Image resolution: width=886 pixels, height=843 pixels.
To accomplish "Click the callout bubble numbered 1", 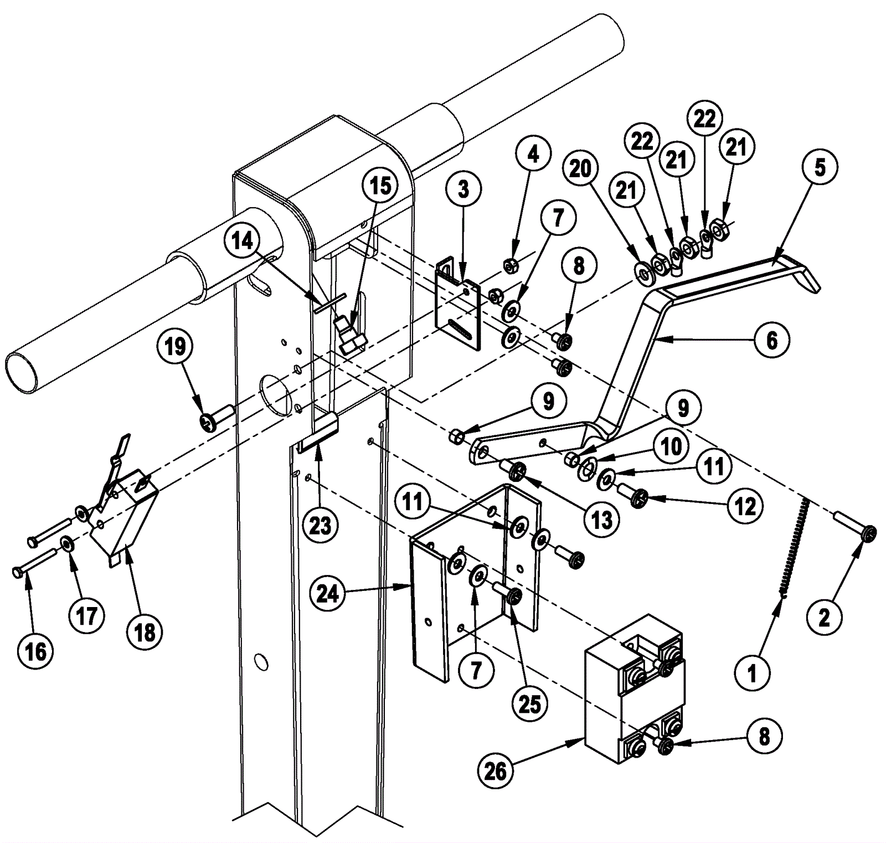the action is [752, 674].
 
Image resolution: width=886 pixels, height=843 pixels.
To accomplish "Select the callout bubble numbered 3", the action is [463, 189].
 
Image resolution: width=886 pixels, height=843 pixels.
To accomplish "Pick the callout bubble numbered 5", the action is [820, 167].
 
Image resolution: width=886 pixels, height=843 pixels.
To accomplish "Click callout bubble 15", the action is [380, 186].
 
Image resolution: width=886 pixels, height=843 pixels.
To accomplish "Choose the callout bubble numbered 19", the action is [175, 347].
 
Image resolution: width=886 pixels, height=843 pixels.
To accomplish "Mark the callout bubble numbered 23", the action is [320, 525].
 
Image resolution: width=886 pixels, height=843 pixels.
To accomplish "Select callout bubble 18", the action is [145, 632].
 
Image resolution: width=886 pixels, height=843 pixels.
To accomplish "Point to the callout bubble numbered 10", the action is [672, 446].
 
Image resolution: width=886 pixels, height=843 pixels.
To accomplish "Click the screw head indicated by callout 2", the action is [869, 533].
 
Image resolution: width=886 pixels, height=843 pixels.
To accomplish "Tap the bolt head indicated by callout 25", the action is [513, 597].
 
